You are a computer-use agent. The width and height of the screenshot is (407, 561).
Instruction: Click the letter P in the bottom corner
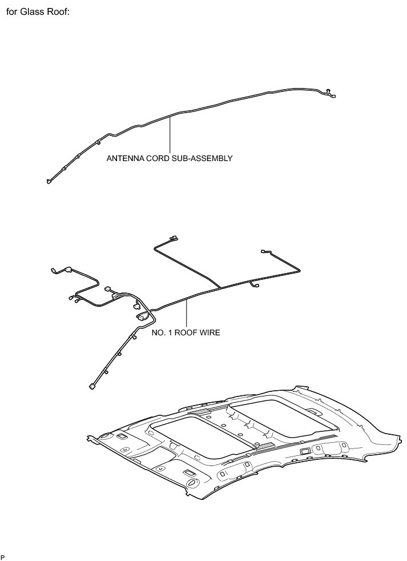pyautogui.click(x=3, y=556)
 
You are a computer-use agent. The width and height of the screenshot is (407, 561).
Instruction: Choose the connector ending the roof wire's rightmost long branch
pyautogui.click(x=263, y=251)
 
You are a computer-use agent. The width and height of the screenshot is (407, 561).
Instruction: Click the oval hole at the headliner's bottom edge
pyautogui.click(x=191, y=485)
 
